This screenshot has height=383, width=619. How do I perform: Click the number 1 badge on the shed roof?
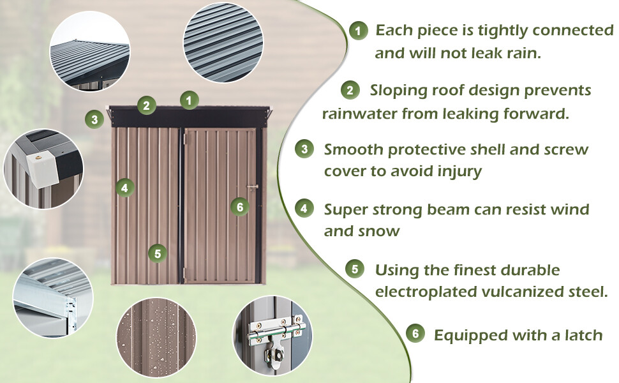coord(189,100)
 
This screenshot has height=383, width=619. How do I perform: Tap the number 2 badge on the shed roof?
coord(147,105)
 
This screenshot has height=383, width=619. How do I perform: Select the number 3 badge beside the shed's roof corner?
coord(94,119)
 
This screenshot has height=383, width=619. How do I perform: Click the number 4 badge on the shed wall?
coord(125,188)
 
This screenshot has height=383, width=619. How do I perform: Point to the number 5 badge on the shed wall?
coord(158,253)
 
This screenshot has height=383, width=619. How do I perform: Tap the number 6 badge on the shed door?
coord(239,206)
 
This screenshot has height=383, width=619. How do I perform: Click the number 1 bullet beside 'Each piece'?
coord(359,30)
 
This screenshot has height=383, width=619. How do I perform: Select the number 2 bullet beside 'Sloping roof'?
coord(349,90)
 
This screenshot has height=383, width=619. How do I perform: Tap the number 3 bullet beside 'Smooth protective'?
coord(304,149)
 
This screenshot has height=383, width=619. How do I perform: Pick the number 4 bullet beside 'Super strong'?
coord(304,209)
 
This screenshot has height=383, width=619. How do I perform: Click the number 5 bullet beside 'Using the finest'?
coord(355,269)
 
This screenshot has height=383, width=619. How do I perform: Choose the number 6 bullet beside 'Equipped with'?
coord(415,334)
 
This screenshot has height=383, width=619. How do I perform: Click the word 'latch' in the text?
coord(581,334)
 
